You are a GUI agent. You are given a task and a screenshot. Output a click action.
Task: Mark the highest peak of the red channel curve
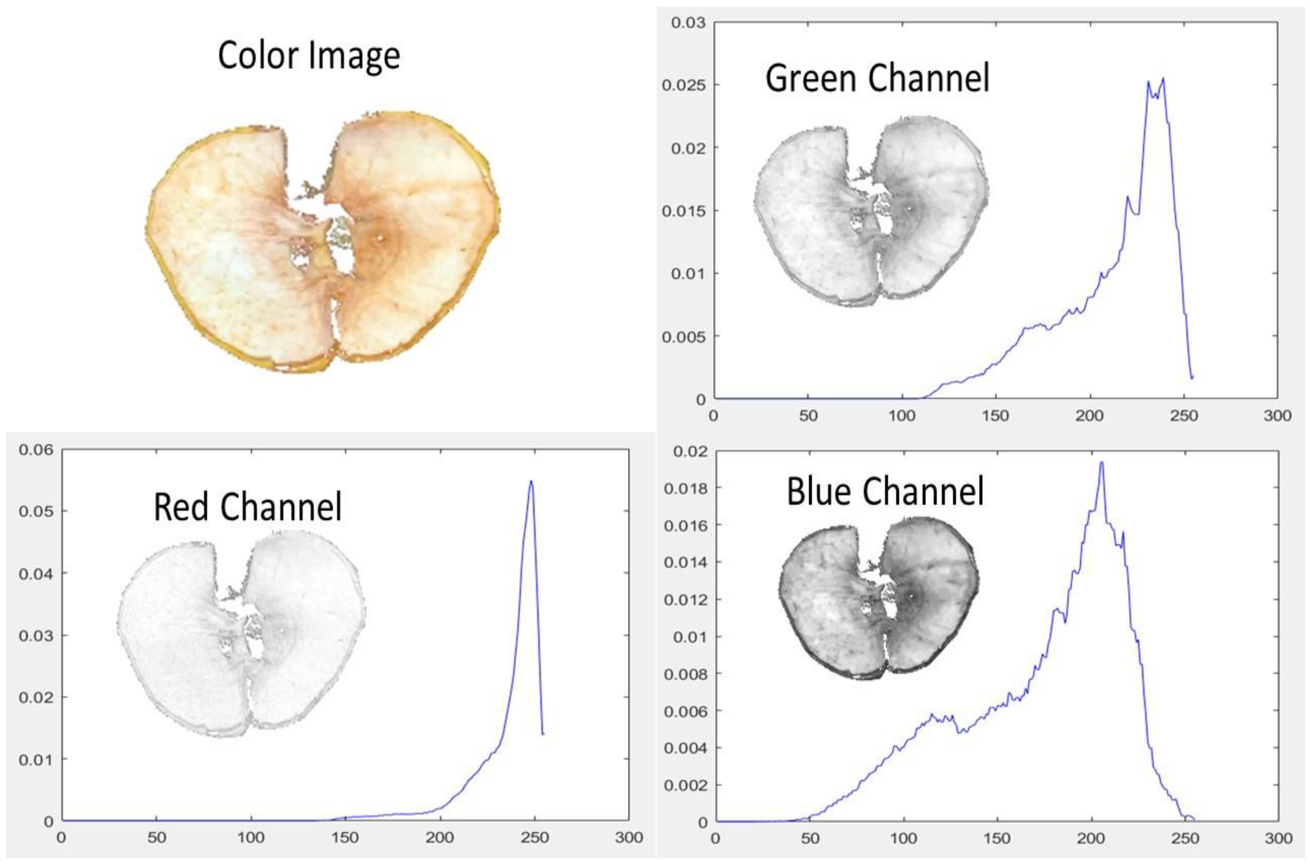click(531, 481)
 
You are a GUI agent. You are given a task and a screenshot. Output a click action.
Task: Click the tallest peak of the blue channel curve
click(1101, 462)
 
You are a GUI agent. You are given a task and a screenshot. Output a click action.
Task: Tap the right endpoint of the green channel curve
click(1192, 378)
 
